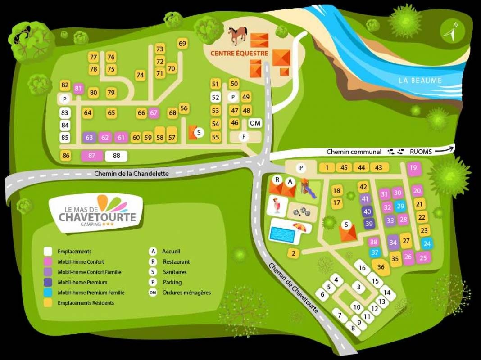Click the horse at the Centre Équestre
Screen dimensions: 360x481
click(x=237, y=36)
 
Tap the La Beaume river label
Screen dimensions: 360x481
click(x=420, y=81)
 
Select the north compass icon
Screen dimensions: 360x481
click(x=452, y=31)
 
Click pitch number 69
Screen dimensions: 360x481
click(x=182, y=44)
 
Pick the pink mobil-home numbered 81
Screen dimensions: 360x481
click(x=79, y=89)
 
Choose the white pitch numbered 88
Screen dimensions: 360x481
click(x=116, y=156)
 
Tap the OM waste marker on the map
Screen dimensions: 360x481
click(x=255, y=123)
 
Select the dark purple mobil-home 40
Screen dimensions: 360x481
click(x=368, y=211)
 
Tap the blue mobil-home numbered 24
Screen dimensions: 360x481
click(x=427, y=244)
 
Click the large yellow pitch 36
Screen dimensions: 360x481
click(x=381, y=267)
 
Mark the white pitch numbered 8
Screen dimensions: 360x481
click(x=353, y=328)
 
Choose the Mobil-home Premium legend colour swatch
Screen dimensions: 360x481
click(x=48, y=282)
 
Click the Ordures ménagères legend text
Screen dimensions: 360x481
click(x=186, y=292)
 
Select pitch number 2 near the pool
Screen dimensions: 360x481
click(x=293, y=253)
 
